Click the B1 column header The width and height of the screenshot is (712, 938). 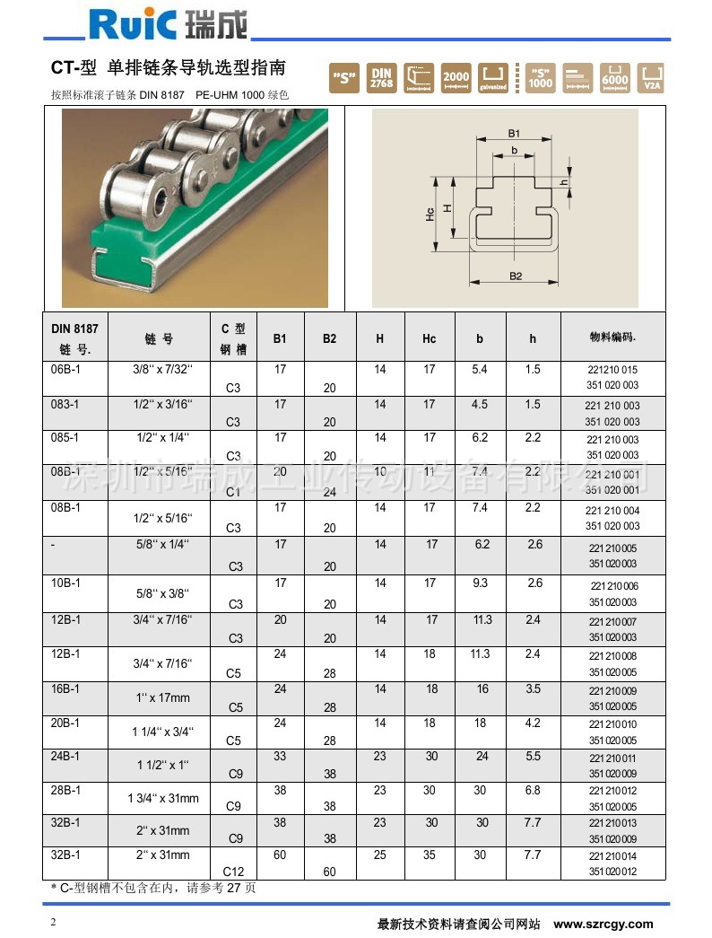(280, 338)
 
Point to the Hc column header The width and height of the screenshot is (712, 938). (430, 338)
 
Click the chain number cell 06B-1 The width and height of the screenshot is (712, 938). (62, 369)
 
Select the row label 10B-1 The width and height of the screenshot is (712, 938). (62, 583)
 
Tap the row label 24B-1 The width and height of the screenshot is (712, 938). (62, 757)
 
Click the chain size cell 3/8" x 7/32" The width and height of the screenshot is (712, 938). (162, 369)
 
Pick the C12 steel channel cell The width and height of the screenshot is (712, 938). (232, 871)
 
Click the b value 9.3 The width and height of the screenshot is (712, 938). (480, 583)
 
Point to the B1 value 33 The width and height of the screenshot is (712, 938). (280, 757)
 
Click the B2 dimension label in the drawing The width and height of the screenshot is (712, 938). (516, 276)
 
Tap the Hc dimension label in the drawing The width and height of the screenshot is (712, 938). (430, 214)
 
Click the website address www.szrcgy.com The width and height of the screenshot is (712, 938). (603, 924)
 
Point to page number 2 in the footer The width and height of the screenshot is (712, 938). (53, 923)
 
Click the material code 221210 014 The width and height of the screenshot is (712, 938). (613, 857)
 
